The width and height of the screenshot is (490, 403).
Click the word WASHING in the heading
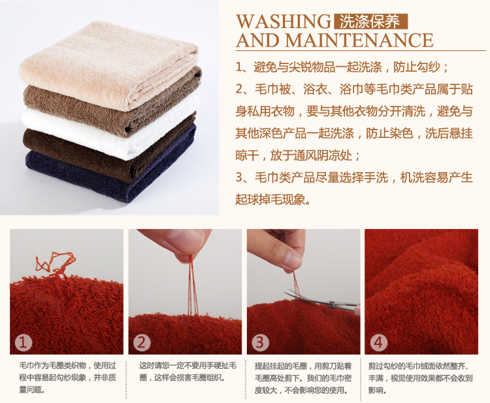pos(284,22)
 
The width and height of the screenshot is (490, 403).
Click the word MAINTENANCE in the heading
pos(359,41)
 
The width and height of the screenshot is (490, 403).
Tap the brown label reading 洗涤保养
pos(370,22)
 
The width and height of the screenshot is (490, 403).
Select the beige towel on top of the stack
pos(108,64)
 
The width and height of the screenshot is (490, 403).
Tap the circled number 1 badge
pos(24,343)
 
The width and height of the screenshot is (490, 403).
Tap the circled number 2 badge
pos(142,343)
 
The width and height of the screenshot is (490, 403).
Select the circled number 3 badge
pos(260,343)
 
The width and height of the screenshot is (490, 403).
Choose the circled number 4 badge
pos(378,343)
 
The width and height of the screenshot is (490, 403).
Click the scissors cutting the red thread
pos(322,300)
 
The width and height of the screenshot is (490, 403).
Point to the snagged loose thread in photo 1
pos(55,264)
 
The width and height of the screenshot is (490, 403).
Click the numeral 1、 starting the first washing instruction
pos(242,67)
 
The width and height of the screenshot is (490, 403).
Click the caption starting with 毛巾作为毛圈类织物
pos(67,377)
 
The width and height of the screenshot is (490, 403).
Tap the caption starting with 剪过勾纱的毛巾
pos(420,377)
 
